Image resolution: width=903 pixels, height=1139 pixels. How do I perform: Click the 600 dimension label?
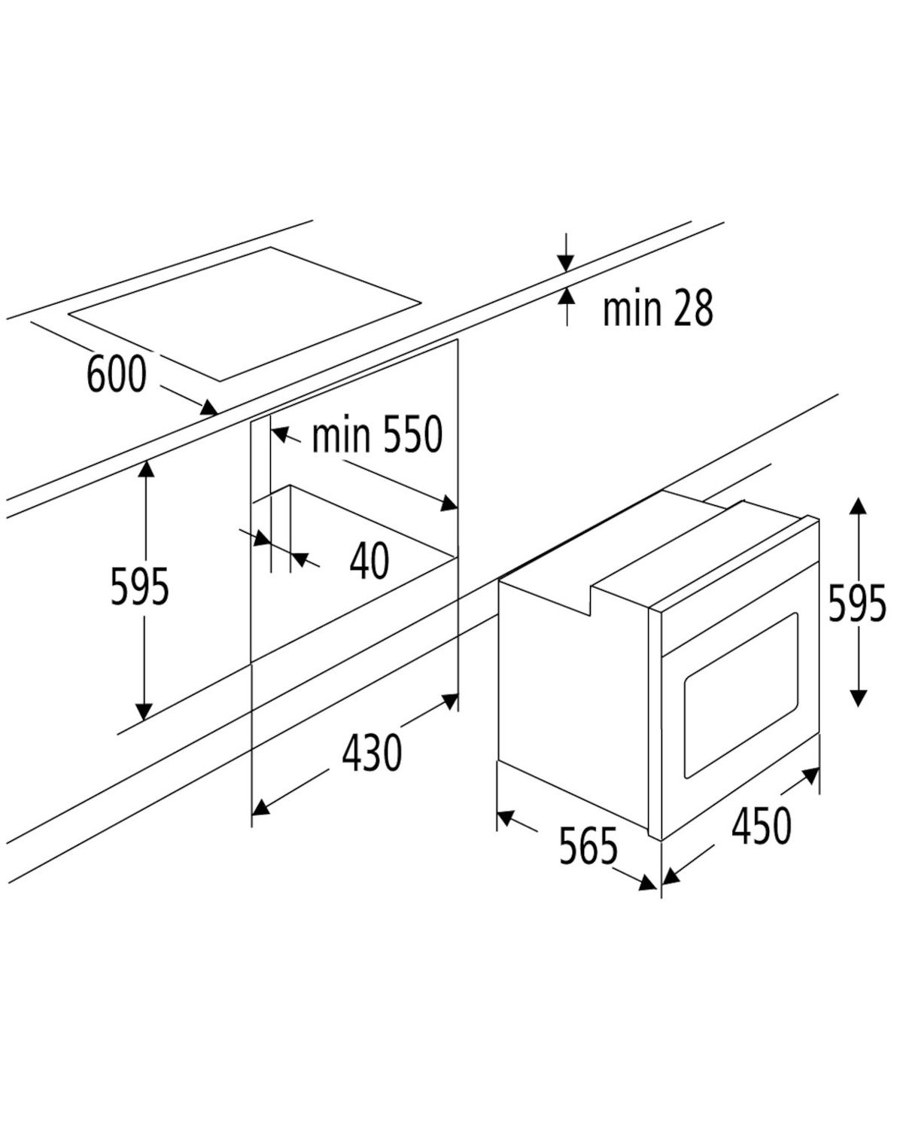(116, 374)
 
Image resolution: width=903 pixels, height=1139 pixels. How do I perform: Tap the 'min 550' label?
(377, 434)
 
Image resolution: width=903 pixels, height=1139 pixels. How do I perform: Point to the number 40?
(369, 559)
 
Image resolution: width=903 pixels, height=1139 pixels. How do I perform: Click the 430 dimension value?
(372, 752)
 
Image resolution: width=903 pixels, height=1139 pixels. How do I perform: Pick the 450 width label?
(762, 824)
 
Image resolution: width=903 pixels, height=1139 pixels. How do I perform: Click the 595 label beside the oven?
(857, 602)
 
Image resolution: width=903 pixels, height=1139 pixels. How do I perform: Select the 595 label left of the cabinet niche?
(140, 586)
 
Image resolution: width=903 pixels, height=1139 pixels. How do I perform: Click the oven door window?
(741, 696)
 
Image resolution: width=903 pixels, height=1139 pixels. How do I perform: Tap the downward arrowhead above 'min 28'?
(566, 263)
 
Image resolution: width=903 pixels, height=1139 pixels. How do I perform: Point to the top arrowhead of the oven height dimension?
(858, 506)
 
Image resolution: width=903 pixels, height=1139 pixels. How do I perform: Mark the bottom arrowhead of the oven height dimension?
(858, 698)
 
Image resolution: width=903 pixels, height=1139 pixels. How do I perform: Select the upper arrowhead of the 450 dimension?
(810, 775)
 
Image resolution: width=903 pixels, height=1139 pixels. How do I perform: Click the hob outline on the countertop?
(245, 315)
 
